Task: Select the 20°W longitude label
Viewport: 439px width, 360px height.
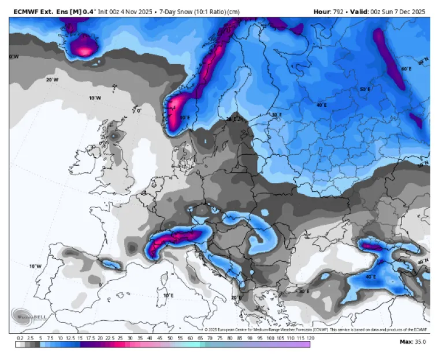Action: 52,80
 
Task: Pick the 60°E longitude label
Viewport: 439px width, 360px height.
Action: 407,69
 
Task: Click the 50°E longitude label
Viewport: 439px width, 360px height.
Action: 365,90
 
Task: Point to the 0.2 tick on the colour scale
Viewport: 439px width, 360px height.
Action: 20,337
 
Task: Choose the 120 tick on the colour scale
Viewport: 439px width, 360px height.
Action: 310,337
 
